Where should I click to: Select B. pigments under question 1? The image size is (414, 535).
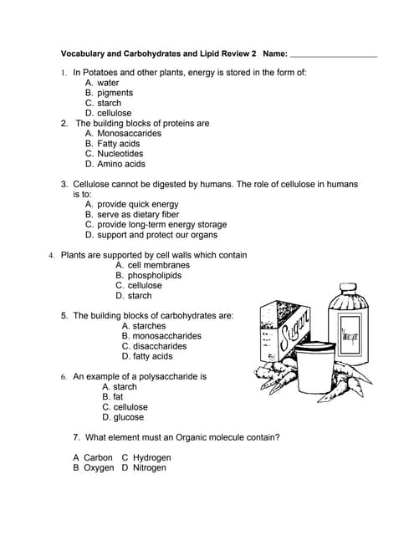tap(109, 93)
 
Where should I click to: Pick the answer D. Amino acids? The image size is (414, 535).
tap(115, 164)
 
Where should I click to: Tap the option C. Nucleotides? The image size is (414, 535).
tap(114, 154)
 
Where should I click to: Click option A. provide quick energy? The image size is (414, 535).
tap(131, 205)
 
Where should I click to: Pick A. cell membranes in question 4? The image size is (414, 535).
tap(152, 265)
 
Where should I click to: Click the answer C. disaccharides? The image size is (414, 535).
tap(154, 346)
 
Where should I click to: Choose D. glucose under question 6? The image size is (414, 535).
tap(123, 417)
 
